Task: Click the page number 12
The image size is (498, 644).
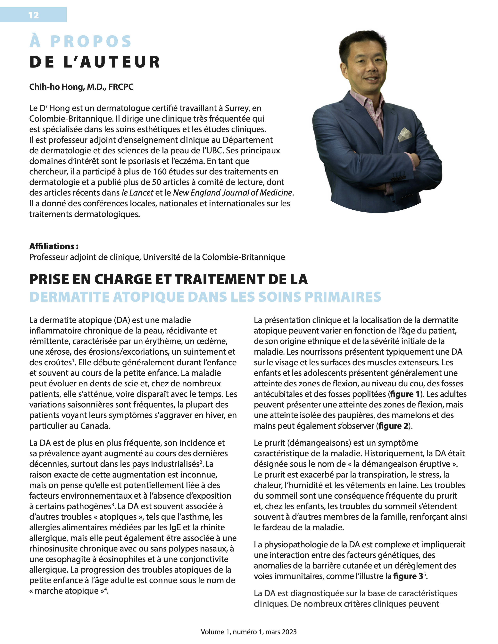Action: pyautogui.click(x=33, y=15)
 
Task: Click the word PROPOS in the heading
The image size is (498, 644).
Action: pyautogui.click(x=91, y=42)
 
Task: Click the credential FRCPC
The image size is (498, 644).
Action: pyautogui.click(x=121, y=87)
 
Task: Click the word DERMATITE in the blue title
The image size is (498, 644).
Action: pyautogui.click(x=70, y=297)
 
